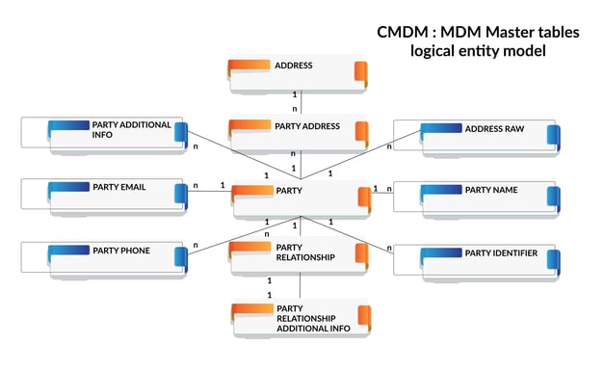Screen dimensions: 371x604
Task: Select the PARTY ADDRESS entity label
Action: coord(307,126)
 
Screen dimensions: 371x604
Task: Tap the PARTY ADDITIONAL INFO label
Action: coord(131,130)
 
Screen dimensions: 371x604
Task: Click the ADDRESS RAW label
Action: coord(494,128)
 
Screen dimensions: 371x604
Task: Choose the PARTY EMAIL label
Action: coord(119,187)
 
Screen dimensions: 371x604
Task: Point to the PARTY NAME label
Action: coord(491,190)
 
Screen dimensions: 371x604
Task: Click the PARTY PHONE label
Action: coord(121,251)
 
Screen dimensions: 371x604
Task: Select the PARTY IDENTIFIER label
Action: coord(501,253)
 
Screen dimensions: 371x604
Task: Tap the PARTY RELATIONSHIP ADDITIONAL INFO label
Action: coord(312,317)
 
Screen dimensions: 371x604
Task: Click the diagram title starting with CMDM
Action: coord(478,32)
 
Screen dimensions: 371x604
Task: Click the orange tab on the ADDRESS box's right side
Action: coord(361,73)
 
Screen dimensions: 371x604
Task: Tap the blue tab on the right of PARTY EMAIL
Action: coord(180,195)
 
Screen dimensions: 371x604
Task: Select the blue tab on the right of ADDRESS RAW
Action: coord(552,136)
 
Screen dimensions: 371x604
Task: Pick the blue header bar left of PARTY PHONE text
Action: coord(69,251)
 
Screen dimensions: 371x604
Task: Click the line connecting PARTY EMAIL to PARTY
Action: coord(207,191)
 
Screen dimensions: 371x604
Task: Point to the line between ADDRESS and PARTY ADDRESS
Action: coord(302,102)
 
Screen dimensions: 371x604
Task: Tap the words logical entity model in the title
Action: coord(477,51)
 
